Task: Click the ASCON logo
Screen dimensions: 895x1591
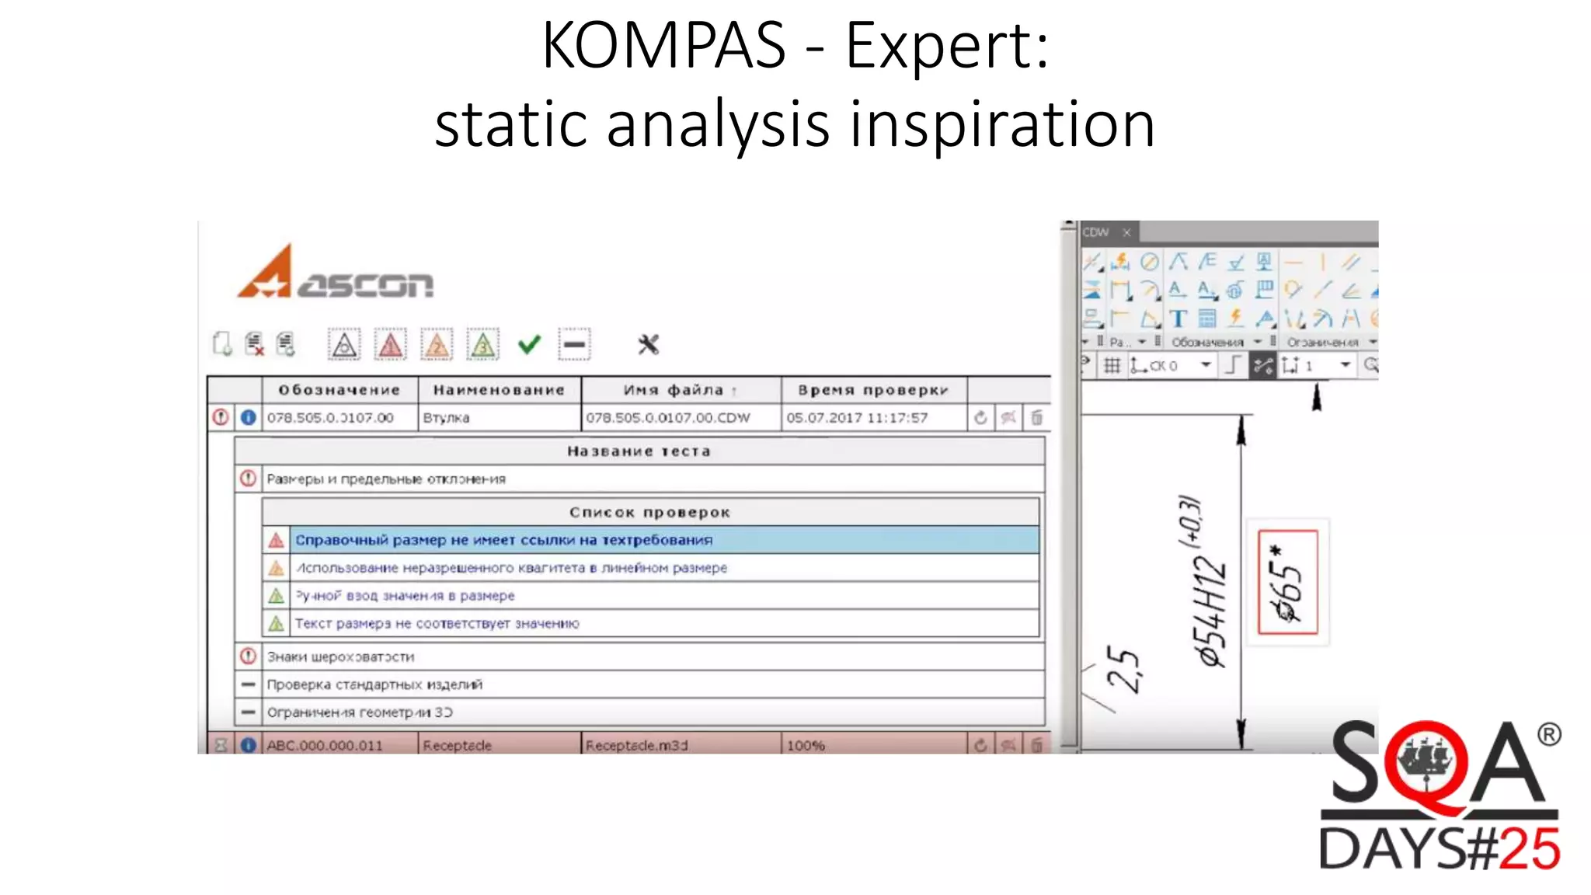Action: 335,273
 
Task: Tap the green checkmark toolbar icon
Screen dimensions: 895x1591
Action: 529,344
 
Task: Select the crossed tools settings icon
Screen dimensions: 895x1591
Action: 648,344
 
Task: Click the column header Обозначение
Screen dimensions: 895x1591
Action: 339,390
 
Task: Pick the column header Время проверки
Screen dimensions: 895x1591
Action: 873,390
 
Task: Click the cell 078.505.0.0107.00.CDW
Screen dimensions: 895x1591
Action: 668,418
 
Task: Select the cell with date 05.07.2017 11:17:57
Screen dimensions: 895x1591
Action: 857,418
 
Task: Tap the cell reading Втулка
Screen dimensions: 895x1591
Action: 446,418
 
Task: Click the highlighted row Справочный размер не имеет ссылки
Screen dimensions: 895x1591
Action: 503,540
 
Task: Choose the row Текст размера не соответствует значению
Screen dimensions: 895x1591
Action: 437,623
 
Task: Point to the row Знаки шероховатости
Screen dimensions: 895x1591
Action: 341,656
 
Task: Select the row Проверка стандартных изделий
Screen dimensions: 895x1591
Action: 374,684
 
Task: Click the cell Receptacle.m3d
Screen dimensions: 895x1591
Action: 637,745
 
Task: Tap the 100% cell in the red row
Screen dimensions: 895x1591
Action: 806,745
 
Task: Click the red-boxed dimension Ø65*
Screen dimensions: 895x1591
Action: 1287,583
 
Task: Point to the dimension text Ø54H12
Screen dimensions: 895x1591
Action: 1212,614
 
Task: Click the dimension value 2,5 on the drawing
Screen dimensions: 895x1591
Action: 1124,668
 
